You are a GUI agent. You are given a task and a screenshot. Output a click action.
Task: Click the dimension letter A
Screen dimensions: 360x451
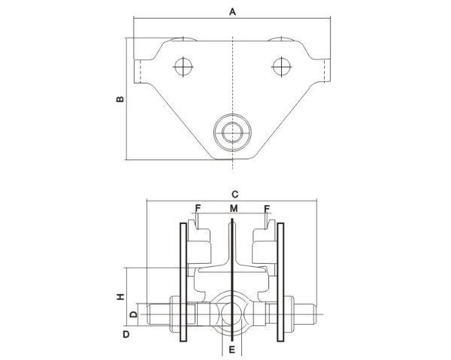tap(233, 12)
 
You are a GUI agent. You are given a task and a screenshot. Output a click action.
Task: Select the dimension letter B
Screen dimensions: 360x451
tap(118, 99)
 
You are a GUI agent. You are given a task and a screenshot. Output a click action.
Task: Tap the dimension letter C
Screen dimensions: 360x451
tap(235, 193)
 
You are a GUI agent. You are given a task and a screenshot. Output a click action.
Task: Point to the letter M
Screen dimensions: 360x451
tap(234, 208)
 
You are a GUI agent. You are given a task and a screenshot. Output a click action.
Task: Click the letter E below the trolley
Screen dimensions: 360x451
tap(233, 349)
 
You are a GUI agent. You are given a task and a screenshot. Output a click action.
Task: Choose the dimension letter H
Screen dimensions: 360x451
tap(120, 297)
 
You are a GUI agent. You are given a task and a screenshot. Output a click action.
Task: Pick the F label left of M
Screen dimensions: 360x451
tap(198, 208)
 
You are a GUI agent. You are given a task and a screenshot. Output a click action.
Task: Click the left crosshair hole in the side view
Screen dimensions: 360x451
tap(182, 67)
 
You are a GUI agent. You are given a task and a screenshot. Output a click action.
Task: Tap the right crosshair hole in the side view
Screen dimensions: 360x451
tap(282, 67)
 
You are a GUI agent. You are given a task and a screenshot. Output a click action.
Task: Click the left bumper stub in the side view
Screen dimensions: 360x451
tap(138, 70)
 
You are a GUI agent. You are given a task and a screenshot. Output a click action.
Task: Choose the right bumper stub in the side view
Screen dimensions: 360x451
tap(326, 70)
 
